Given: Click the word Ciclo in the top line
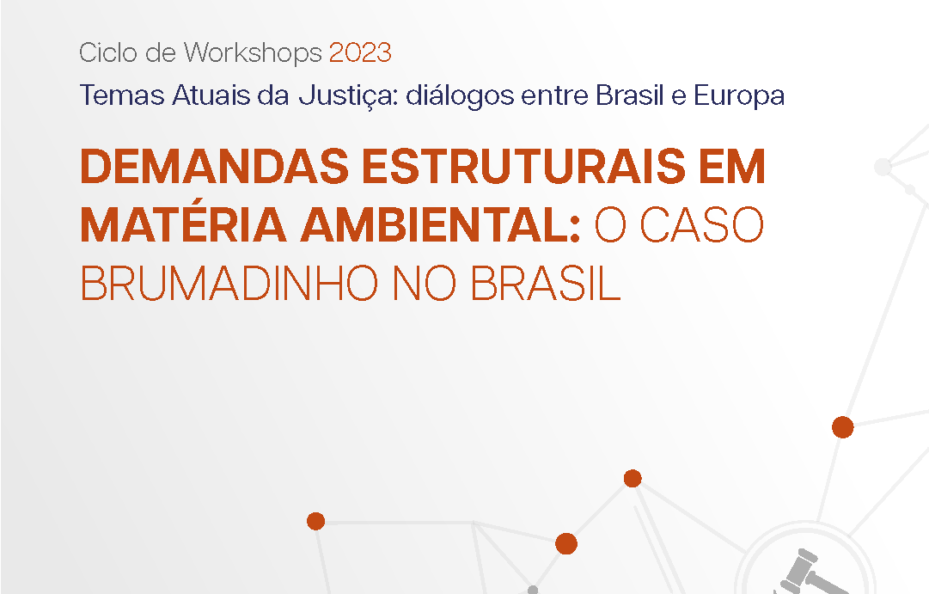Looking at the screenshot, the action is point(108,52).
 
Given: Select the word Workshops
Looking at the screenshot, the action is point(253,53).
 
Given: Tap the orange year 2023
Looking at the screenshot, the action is point(360,52).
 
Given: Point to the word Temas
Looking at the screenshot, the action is point(122,95).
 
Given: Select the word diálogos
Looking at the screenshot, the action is point(460,96).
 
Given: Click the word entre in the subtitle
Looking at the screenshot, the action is point(554,96).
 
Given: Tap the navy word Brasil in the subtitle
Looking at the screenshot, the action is point(630,95).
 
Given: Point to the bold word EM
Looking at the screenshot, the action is point(731,167).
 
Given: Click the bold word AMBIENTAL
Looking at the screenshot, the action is point(440,225).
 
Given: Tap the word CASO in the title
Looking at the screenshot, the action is point(702,225).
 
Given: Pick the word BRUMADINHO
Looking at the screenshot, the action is point(229,283).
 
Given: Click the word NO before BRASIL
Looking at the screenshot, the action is point(425,283).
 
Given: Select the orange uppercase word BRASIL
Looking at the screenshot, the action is point(546,283).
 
